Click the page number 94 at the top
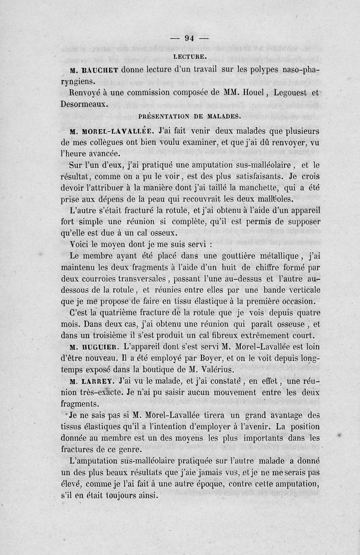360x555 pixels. [x=189, y=38]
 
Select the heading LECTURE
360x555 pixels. [x=189, y=57]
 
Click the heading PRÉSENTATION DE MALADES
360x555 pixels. [x=190, y=116]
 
